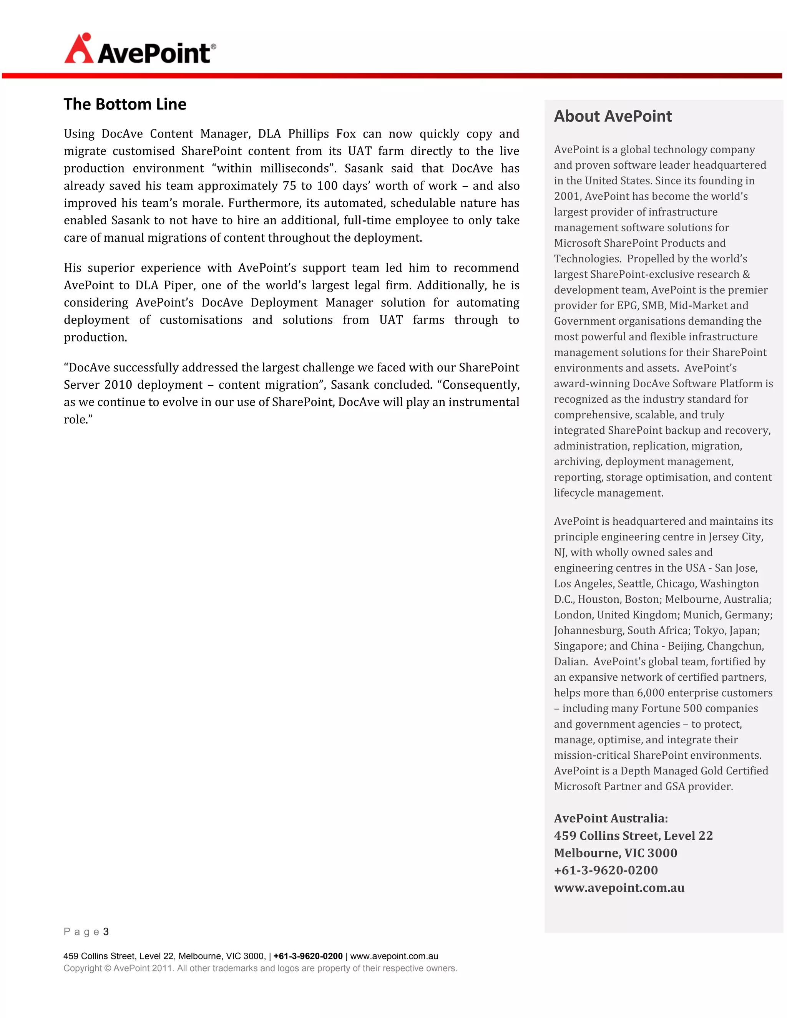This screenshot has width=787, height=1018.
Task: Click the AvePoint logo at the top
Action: click(x=140, y=49)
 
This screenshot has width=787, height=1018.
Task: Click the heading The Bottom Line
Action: click(x=125, y=104)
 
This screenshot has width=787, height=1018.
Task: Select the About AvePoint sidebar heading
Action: click(x=613, y=116)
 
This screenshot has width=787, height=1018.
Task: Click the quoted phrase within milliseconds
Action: click(x=274, y=168)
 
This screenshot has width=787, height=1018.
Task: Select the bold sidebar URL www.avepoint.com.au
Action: click(x=619, y=887)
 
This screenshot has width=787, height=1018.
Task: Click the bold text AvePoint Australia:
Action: click(x=611, y=818)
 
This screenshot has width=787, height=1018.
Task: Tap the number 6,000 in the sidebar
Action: click(x=653, y=693)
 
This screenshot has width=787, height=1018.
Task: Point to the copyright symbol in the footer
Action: click(x=108, y=968)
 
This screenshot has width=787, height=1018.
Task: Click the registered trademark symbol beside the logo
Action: click(x=214, y=46)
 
